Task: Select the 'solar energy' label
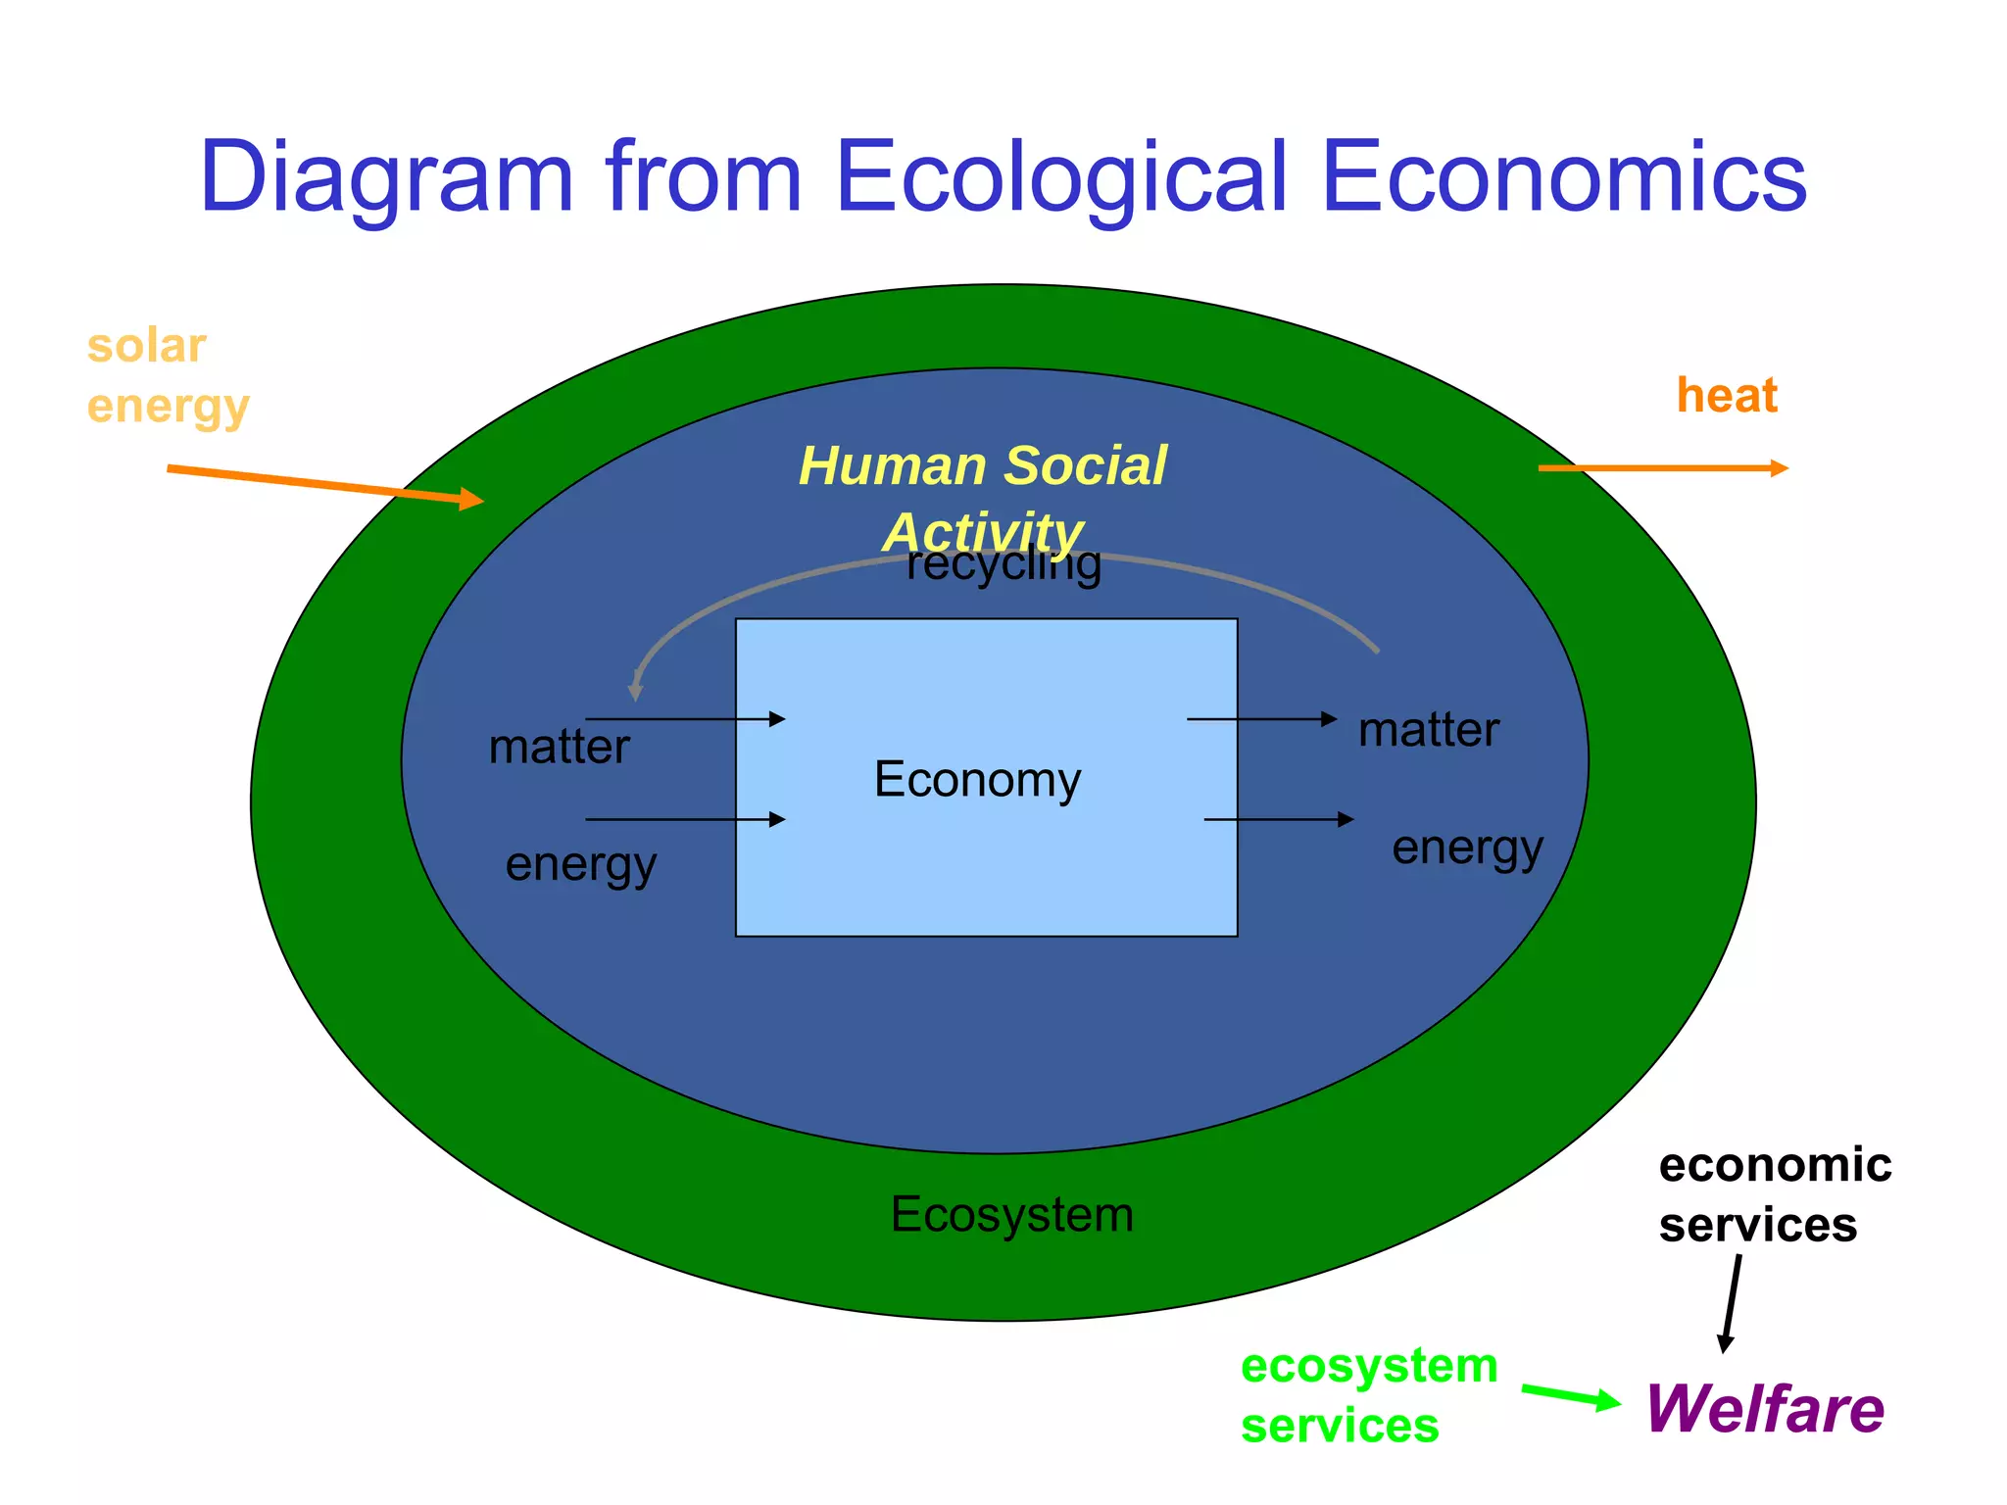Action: point(168,376)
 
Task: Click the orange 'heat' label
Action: point(1727,396)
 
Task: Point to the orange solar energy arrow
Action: point(323,485)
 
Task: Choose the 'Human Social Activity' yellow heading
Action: point(983,498)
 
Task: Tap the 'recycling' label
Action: point(1003,565)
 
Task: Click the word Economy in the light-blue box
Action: point(977,780)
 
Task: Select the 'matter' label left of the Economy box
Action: point(559,748)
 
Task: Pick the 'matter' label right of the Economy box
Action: point(1429,730)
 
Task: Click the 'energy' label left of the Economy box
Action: point(580,865)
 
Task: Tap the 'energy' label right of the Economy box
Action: point(1467,849)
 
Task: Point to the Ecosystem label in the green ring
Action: point(1011,1215)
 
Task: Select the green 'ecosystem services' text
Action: point(1368,1395)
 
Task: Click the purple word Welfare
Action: point(1764,1409)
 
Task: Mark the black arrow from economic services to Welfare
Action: point(1732,1303)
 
